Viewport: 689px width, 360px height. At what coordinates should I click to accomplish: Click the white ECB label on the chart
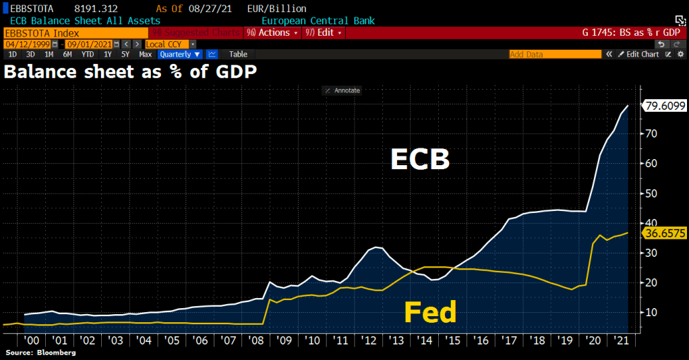[420, 160]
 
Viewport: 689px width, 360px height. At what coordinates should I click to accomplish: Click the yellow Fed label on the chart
[430, 312]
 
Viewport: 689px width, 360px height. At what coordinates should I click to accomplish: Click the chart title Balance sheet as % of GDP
[130, 71]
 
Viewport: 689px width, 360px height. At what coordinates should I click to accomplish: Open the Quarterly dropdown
[180, 54]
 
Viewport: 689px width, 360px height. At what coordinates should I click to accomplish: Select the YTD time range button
[88, 54]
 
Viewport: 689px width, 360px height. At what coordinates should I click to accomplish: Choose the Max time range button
[145, 54]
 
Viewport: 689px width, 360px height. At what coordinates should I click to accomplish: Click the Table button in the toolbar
[238, 54]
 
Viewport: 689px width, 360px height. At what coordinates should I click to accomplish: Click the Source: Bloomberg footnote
[40, 353]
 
